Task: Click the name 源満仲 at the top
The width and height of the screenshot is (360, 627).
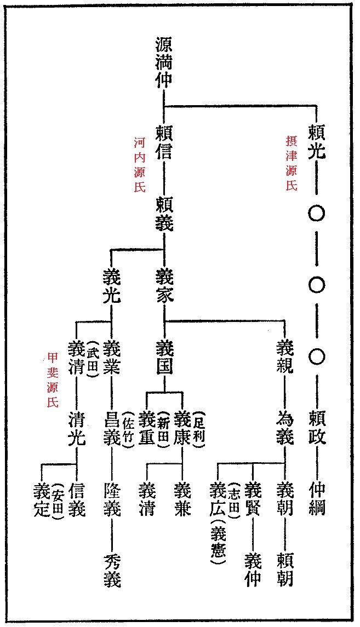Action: [x=164, y=62]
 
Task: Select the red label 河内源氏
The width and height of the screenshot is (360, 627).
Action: [x=140, y=164]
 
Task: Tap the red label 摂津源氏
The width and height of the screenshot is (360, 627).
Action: [x=292, y=164]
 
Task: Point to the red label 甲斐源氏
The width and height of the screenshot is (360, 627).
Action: [x=53, y=380]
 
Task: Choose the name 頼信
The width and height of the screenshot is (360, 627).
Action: [x=164, y=142]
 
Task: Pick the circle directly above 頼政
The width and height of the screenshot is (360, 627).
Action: [x=316, y=357]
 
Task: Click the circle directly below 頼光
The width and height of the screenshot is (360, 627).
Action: [x=316, y=213]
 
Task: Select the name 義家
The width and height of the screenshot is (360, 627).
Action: [x=164, y=285]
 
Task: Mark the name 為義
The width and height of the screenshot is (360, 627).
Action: [x=285, y=429]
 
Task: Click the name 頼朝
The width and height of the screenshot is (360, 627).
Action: [x=285, y=570]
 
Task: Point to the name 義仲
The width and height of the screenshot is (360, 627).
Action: [x=253, y=570]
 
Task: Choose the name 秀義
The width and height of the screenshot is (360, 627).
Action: [x=112, y=570]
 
